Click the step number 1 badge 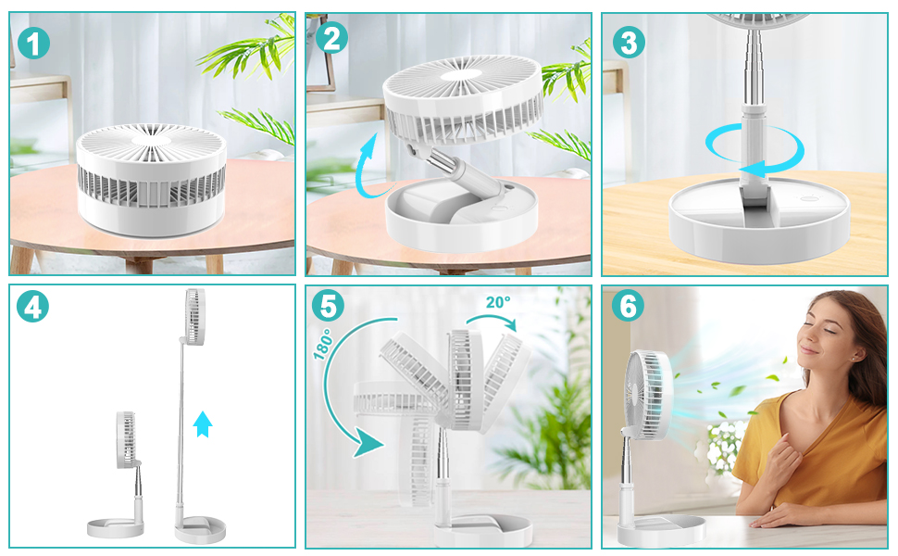[x=33, y=43]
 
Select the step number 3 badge [x=629, y=42]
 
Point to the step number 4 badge [x=32, y=306]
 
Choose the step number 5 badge [x=328, y=305]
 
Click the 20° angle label [x=498, y=302]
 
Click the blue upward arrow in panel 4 [x=202, y=424]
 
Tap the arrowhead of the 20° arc [x=510, y=323]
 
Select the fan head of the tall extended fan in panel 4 [x=194, y=317]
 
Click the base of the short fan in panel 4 [x=115, y=528]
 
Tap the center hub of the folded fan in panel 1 [x=152, y=140]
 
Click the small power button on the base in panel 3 [x=809, y=199]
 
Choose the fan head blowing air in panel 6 [x=650, y=396]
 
